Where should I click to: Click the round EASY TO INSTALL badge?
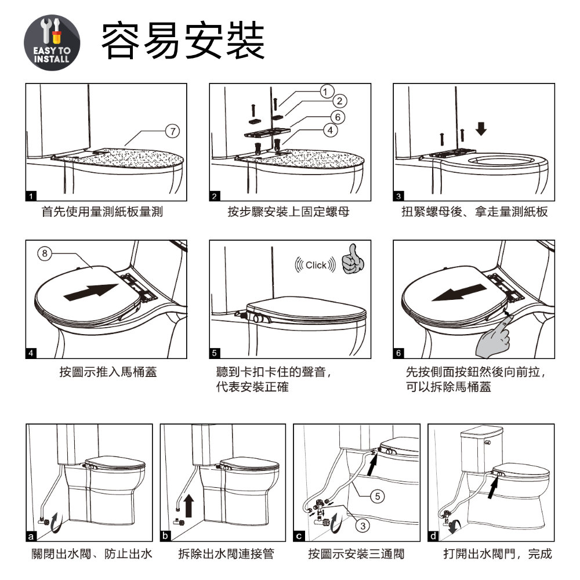click(x=52, y=42)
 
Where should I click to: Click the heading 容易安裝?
click(x=183, y=41)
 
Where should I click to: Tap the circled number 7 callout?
click(x=172, y=131)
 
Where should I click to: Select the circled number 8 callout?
click(x=45, y=253)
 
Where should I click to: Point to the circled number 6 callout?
click(x=338, y=117)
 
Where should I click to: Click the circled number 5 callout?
click(x=378, y=496)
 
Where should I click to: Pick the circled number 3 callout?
click(x=363, y=526)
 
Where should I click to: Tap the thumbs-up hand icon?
click(x=353, y=259)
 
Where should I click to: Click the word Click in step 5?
click(x=316, y=265)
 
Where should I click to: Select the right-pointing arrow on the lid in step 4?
click(x=91, y=292)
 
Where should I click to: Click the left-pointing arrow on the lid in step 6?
click(x=459, y=292)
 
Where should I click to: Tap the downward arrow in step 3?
click(x=481, y=129)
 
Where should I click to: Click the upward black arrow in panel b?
click(x=188, y=506)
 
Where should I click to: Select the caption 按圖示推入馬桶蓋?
click(x=108, y=372)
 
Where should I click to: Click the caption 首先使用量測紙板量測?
click(x=102, y=212)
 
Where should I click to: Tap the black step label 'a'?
click(x=31, y=536)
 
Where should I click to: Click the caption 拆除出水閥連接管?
click(x=226, y=554)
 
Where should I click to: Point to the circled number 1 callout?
click(x=325, y=92)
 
